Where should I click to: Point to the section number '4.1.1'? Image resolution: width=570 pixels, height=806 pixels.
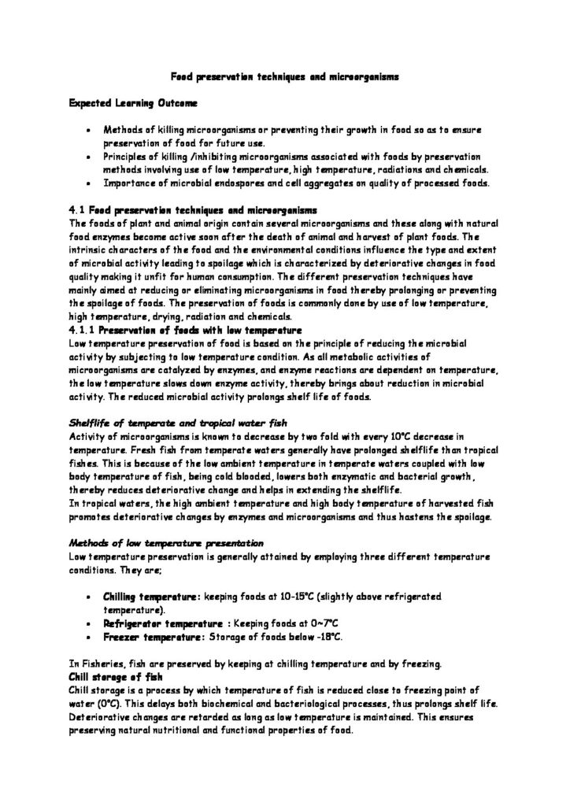[x=82, y=306]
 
